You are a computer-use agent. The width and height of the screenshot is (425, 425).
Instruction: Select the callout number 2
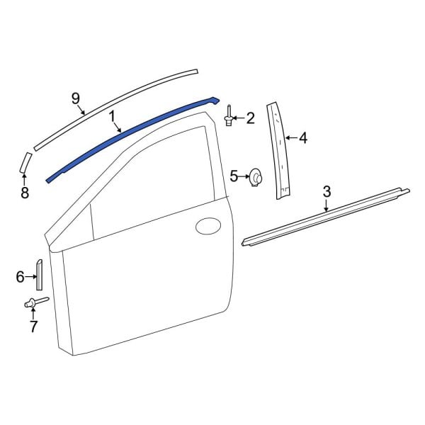point(249,118)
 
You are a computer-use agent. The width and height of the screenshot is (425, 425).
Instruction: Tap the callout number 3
point(327,191)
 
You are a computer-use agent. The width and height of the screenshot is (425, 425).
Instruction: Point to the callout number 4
point(302,137)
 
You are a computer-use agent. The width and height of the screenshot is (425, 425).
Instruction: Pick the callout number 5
point(234,174)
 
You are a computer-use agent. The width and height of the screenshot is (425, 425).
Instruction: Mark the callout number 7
point(33,327)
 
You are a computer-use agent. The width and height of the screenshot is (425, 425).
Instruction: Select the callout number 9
point(76,98)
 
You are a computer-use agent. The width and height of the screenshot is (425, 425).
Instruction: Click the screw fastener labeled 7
point(35,304)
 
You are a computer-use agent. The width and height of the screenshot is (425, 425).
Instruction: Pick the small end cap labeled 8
point(23,161)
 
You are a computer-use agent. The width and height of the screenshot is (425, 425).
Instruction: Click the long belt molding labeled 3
point(326,217)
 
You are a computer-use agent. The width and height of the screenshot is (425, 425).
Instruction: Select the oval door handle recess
point(208,227)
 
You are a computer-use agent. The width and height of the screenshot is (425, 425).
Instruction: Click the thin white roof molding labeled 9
point(120,103)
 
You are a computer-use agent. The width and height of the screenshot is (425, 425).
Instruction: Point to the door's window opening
point(156,184)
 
